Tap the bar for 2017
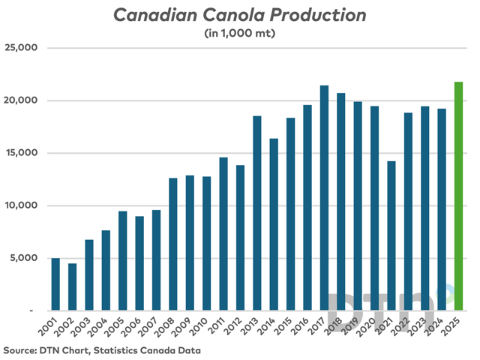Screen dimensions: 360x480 point(324,198)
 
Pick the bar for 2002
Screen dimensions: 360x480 point(72,286)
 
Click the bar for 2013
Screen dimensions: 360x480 point(256,213)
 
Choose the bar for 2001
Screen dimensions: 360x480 point(55,284)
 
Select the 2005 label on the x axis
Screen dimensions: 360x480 point(118,328)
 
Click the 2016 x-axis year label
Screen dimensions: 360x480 point(302,328)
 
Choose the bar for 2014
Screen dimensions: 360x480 point(274,224)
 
